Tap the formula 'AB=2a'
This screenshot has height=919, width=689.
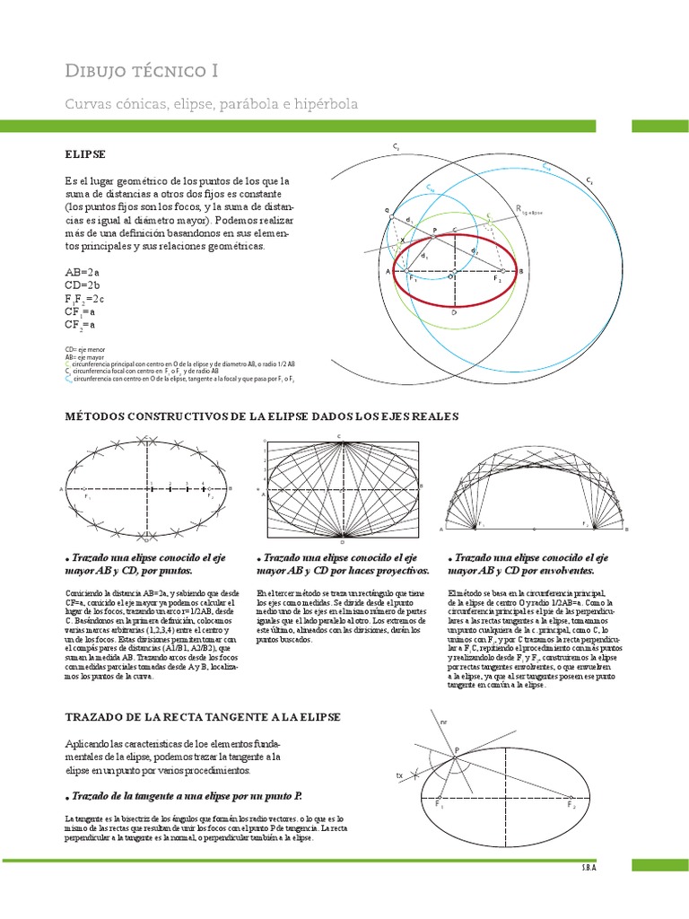82,272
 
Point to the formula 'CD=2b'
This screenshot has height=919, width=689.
82,285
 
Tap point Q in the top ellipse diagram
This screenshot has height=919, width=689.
389,212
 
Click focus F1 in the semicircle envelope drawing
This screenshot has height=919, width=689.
481,522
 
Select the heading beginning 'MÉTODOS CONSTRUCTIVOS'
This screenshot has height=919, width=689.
261,416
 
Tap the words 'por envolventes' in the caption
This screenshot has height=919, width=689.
553,570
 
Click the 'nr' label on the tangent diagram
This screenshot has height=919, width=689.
442,721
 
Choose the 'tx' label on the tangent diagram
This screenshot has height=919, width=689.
399,774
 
